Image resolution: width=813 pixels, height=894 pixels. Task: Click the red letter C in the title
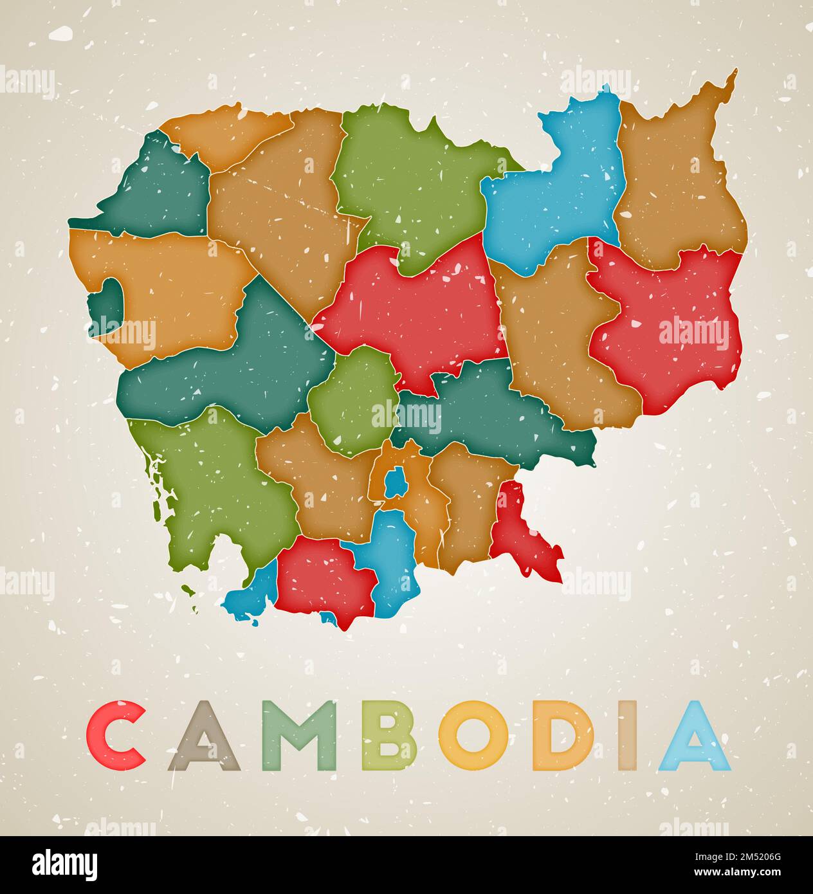point(116,736)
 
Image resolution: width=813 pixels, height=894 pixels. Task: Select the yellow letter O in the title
point(473,736)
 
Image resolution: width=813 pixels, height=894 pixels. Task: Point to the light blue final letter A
point(694,737)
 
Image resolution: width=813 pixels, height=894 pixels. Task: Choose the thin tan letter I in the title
point(628,736)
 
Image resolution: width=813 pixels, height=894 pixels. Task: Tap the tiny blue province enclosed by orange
point(394,482)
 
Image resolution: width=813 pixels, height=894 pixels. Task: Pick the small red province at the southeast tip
point(521,534)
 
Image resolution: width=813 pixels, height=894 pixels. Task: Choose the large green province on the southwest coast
point(212,489)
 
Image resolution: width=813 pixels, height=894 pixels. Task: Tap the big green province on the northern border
point(412,180)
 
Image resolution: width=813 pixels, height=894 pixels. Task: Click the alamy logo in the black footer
point(64,864)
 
